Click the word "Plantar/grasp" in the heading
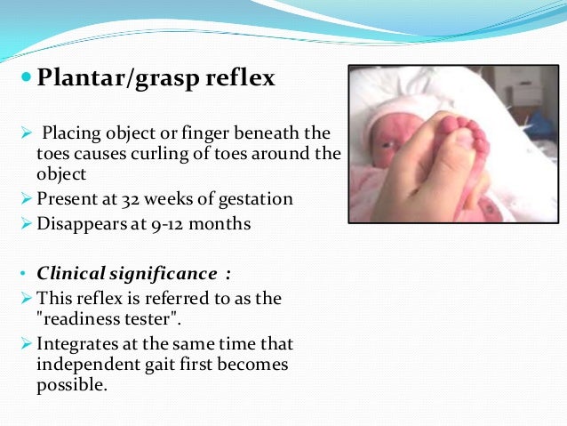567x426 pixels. point(113,80)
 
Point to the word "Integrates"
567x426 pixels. point(76,342)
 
